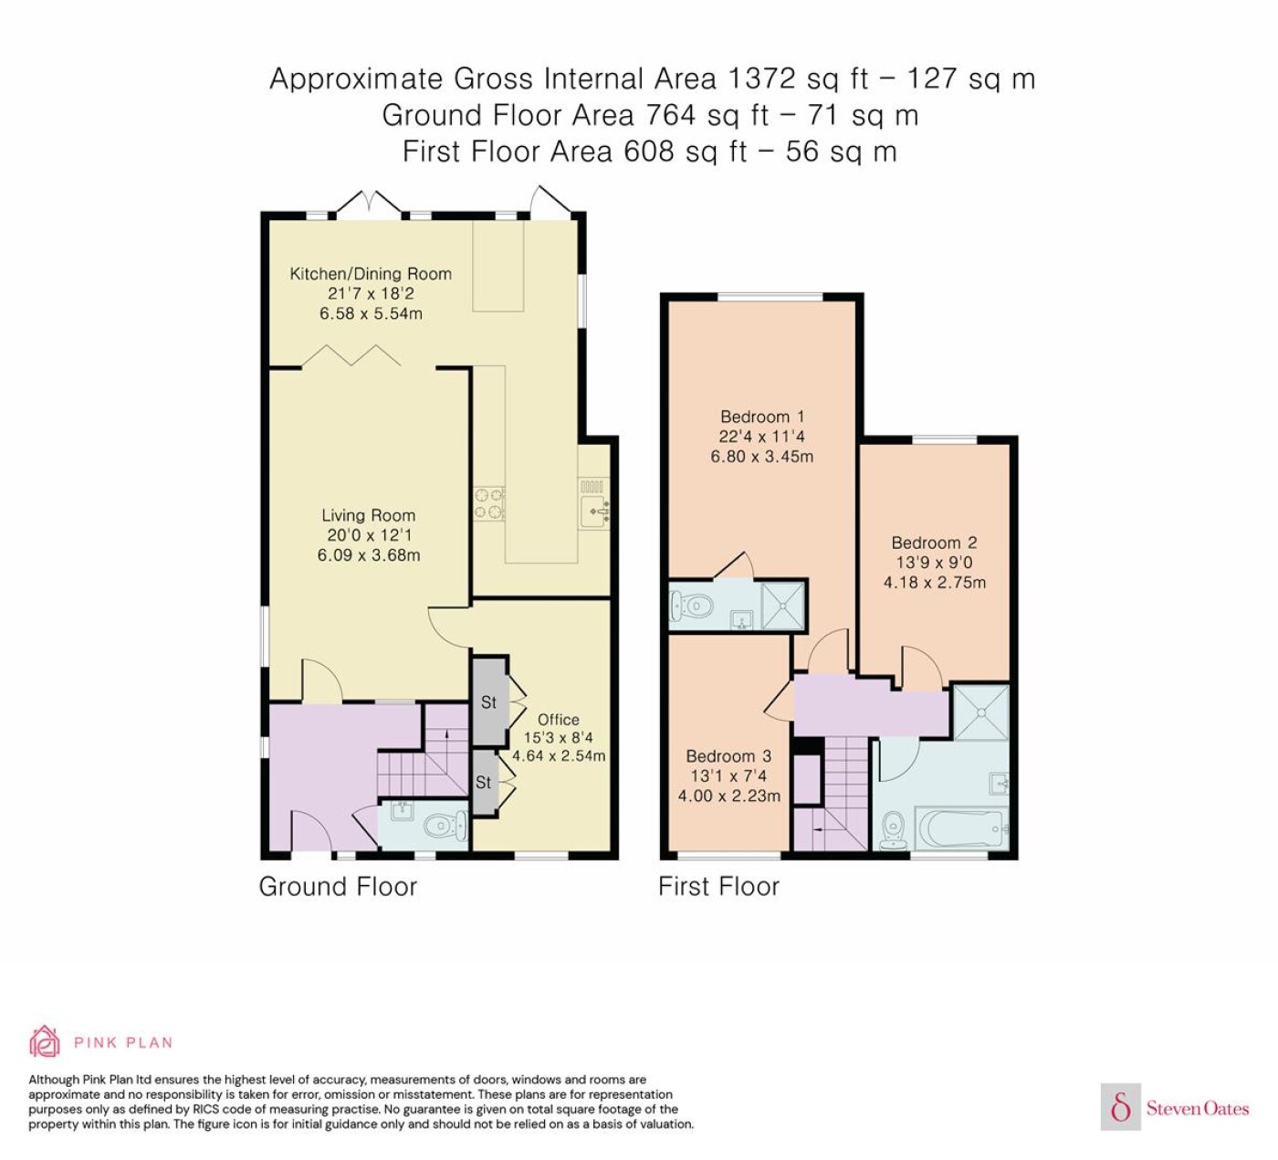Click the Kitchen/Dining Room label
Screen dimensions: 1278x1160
coord(371,274)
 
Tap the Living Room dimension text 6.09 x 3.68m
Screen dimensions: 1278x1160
coord(369,554)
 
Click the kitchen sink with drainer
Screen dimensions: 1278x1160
coord(594,503)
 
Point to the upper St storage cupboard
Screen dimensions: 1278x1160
coord(489,701)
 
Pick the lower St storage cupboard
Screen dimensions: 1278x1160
coord(484,782)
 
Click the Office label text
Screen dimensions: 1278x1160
coord(559,720)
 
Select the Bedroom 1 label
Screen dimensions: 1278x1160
coord(762,417)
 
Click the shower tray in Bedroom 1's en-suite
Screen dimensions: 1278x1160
coord(783,605)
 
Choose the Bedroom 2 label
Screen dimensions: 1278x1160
coord(934,543)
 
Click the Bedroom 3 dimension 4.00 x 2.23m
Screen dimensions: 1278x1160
coord(728,796)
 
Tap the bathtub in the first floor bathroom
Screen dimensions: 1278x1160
coord(961,829)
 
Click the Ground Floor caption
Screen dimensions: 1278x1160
coord(338,886)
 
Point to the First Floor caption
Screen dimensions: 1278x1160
coord(718,886)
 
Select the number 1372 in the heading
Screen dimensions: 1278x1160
coord(761,79)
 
